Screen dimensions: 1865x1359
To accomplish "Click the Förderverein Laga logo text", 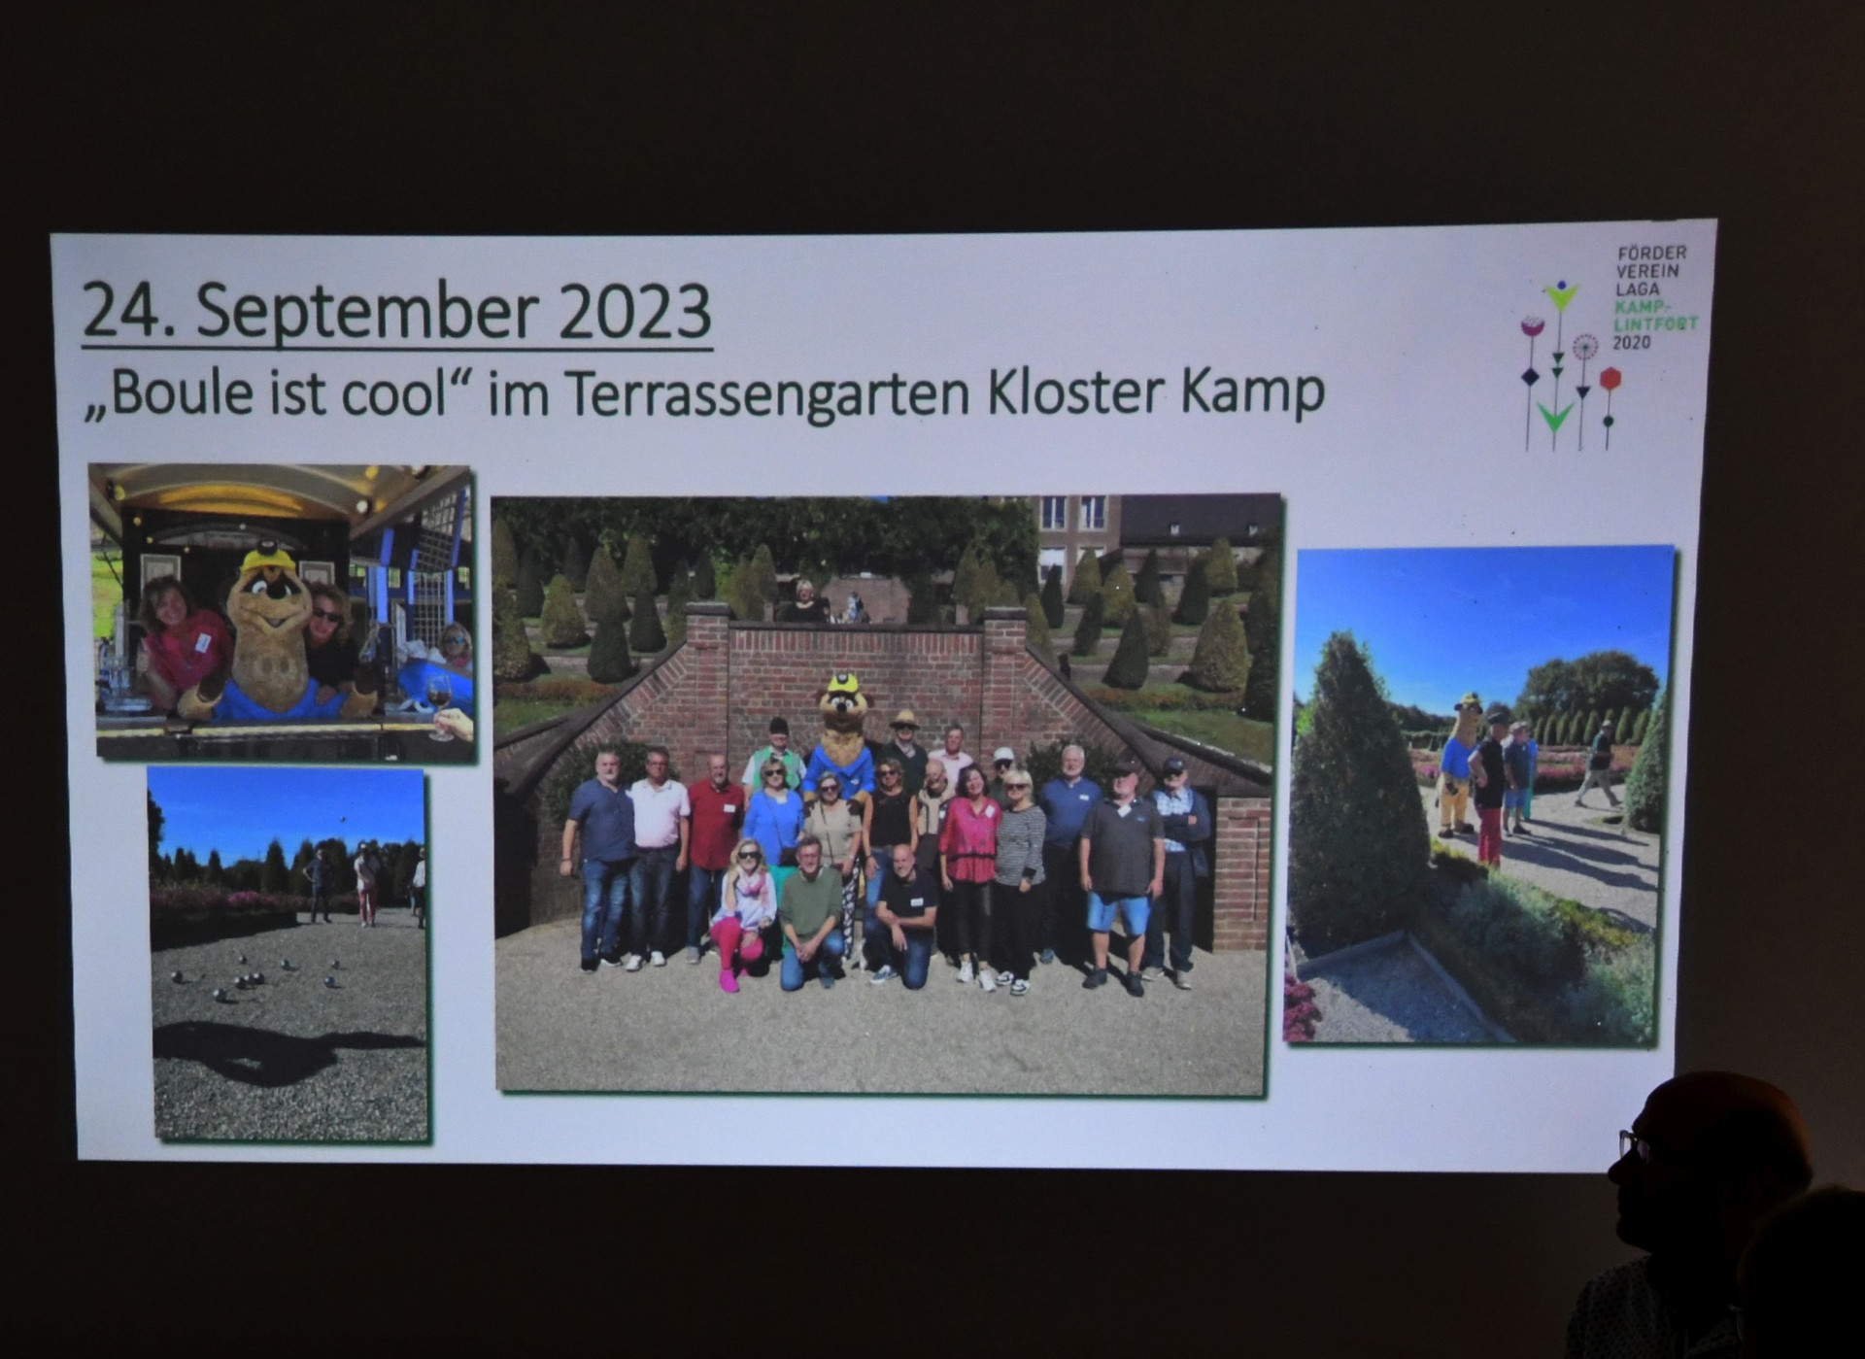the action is pyautogui.click(x=1653, y=297).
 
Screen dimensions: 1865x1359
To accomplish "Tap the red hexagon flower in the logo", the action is pyautogui.click(x=1610, y=378).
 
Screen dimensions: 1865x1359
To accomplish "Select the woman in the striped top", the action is pyautogui.click(x=1016, y=875).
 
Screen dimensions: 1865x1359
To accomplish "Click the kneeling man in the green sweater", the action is pyautogui.click(x=812, y=912).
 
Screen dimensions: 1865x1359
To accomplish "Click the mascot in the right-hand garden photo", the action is pyautogui.click(x=1456, y=764).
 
